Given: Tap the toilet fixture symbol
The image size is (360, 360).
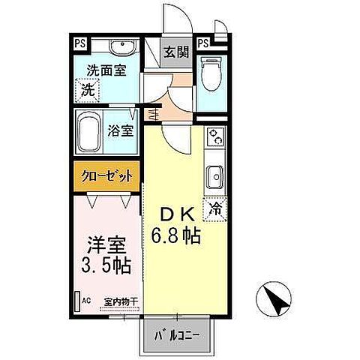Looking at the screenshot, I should pyautogui.click(x=213, y=76).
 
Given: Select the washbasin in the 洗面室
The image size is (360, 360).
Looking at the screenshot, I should pyautogui.click(x=120, y=49).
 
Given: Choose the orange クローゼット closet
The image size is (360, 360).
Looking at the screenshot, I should pyautogui.click(x=106, y=177).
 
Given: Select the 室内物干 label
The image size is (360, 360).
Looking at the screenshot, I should pyautogui.click(x=119, y=301).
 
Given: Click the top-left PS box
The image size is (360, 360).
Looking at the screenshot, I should pyautogui.click(x=79, y=43).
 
